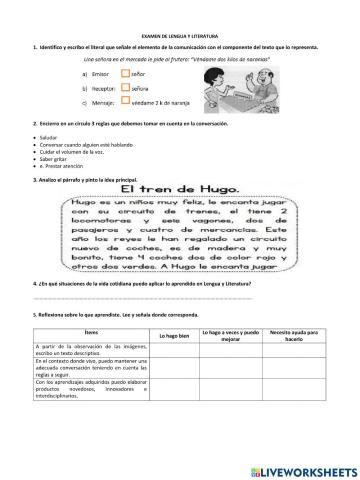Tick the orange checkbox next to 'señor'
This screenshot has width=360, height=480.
click(x=125, y=73)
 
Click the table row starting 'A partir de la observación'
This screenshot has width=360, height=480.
click(x=92, y=352)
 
